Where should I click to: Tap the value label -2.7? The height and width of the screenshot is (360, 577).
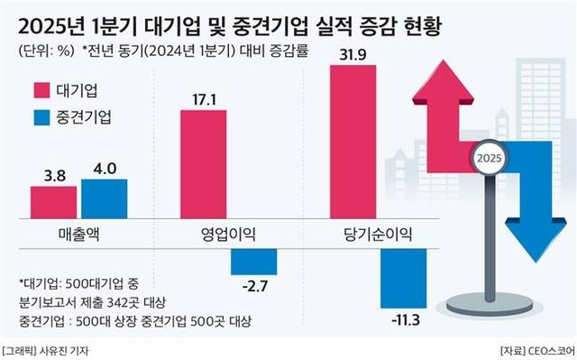pyautogui.click(x=253, y=287)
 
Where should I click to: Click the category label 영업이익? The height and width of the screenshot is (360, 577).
pyautogui.click(x=228, y=235)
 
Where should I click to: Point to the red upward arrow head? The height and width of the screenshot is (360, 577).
pyautogui.click(x=442, y=77)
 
